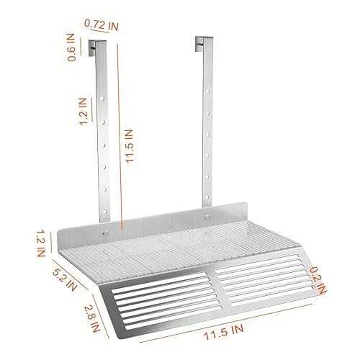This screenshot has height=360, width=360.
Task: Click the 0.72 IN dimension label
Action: pos(102,24)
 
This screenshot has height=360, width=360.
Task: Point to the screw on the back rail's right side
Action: pos(207,216)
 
